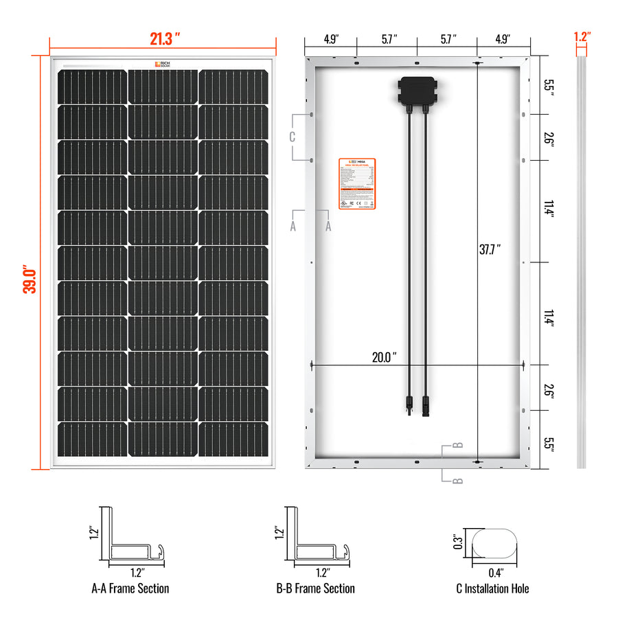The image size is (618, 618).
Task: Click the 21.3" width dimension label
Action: [165, 38]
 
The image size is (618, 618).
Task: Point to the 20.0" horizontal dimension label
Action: [385, 357]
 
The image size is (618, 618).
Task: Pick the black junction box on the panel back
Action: [416, 91]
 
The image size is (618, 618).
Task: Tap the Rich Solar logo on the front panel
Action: [163, 65]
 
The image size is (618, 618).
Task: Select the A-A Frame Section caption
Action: [130, 588]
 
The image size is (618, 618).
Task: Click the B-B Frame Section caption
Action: [315, 588]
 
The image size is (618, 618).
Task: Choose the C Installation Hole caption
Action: [492, 588]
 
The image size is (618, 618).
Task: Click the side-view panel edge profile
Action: [581, 261]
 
